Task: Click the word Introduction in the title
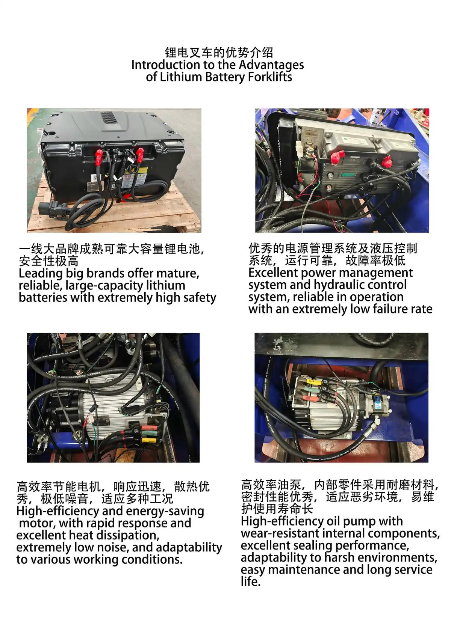click(166, 65)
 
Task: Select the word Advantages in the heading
click(271, 65)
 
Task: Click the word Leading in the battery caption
click(41, 274)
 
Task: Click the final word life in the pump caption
click(251, 582)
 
